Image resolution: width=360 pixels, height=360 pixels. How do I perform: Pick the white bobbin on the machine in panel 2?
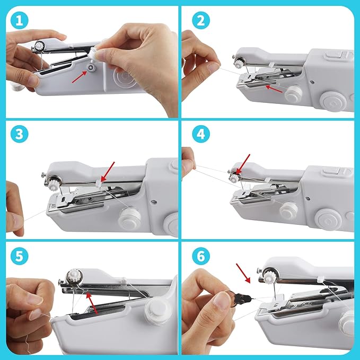click(293, 94)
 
